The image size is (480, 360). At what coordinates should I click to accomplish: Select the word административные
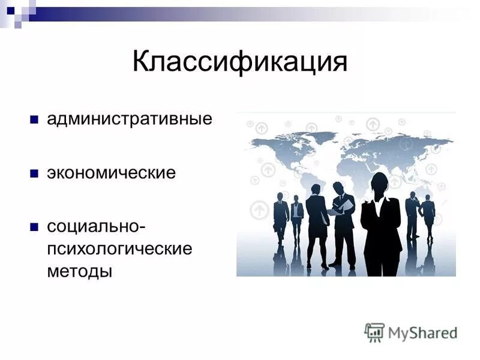click(130, 118)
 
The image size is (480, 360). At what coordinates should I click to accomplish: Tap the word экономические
click(112, 173)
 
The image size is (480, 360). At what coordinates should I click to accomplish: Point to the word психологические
click(120, 249)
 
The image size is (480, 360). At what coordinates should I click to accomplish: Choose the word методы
click(80, 271)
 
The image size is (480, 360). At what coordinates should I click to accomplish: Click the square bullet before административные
click(34, 119)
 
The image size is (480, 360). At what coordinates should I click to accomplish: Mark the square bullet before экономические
click(34, 174)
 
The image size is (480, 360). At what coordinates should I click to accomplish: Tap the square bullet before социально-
click(34, 228)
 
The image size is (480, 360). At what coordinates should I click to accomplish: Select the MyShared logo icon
click(374, 332)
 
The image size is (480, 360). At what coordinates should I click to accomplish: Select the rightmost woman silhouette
click(428, 216)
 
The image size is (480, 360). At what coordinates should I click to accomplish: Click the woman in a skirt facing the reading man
click(316, 222)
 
